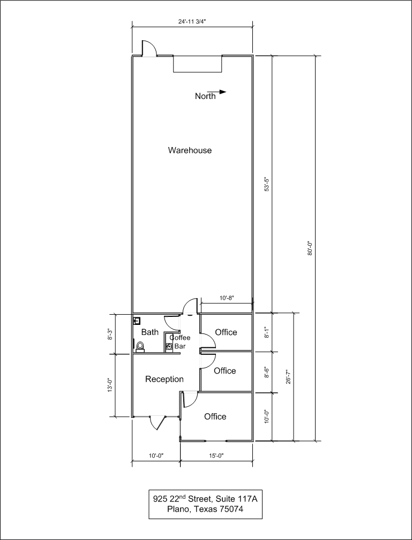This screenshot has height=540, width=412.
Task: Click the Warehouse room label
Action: [190, 150]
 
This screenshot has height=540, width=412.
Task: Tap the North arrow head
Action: [223, 92]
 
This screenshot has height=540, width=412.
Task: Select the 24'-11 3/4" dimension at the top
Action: [192, 21]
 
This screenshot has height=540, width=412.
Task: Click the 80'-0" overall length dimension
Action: [310, 248]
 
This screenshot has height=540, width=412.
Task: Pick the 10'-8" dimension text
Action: [227, 298]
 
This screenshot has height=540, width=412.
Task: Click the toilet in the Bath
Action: [140, 347]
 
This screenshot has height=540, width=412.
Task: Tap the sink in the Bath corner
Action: [137, 321]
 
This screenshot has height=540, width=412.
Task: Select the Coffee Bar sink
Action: [169, 347]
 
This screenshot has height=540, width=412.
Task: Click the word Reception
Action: [164, 379]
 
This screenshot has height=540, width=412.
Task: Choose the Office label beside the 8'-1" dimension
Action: [226, 332]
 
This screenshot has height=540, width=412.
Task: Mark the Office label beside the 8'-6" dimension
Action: [225, 370]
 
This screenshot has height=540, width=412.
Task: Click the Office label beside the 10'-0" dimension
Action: [215, 416]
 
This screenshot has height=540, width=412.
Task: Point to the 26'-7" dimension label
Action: [289, 377]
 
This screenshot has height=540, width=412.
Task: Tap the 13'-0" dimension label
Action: [110, 384]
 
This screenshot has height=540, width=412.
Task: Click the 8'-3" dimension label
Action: [110, 334]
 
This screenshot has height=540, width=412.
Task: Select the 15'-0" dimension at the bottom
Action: [216, 455]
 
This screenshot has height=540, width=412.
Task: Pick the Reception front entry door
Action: [158, 423]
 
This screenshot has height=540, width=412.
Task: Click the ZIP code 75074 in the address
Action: [231, 509]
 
